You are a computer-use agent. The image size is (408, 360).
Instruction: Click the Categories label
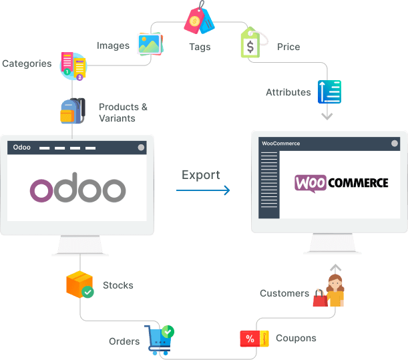pos(27,64)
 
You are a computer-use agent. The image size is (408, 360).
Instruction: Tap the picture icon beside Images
pos(150,43)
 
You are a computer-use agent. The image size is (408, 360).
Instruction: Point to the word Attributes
pos(288,92)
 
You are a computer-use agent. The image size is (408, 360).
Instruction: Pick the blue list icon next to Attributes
pos(329,92)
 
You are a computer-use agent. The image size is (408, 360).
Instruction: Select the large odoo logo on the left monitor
pos(77,190)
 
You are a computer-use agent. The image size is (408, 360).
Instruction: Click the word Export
pos(201,175)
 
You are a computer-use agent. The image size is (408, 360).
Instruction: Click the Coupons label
pos(296,338)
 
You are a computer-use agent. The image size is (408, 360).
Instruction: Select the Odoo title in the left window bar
pos(22,147)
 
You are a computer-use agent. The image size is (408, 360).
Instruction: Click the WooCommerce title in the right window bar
pos(281,144)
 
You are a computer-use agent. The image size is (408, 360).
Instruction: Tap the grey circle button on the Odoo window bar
pos(141,147)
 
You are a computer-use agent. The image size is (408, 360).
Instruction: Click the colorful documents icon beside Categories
pos(73,66)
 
